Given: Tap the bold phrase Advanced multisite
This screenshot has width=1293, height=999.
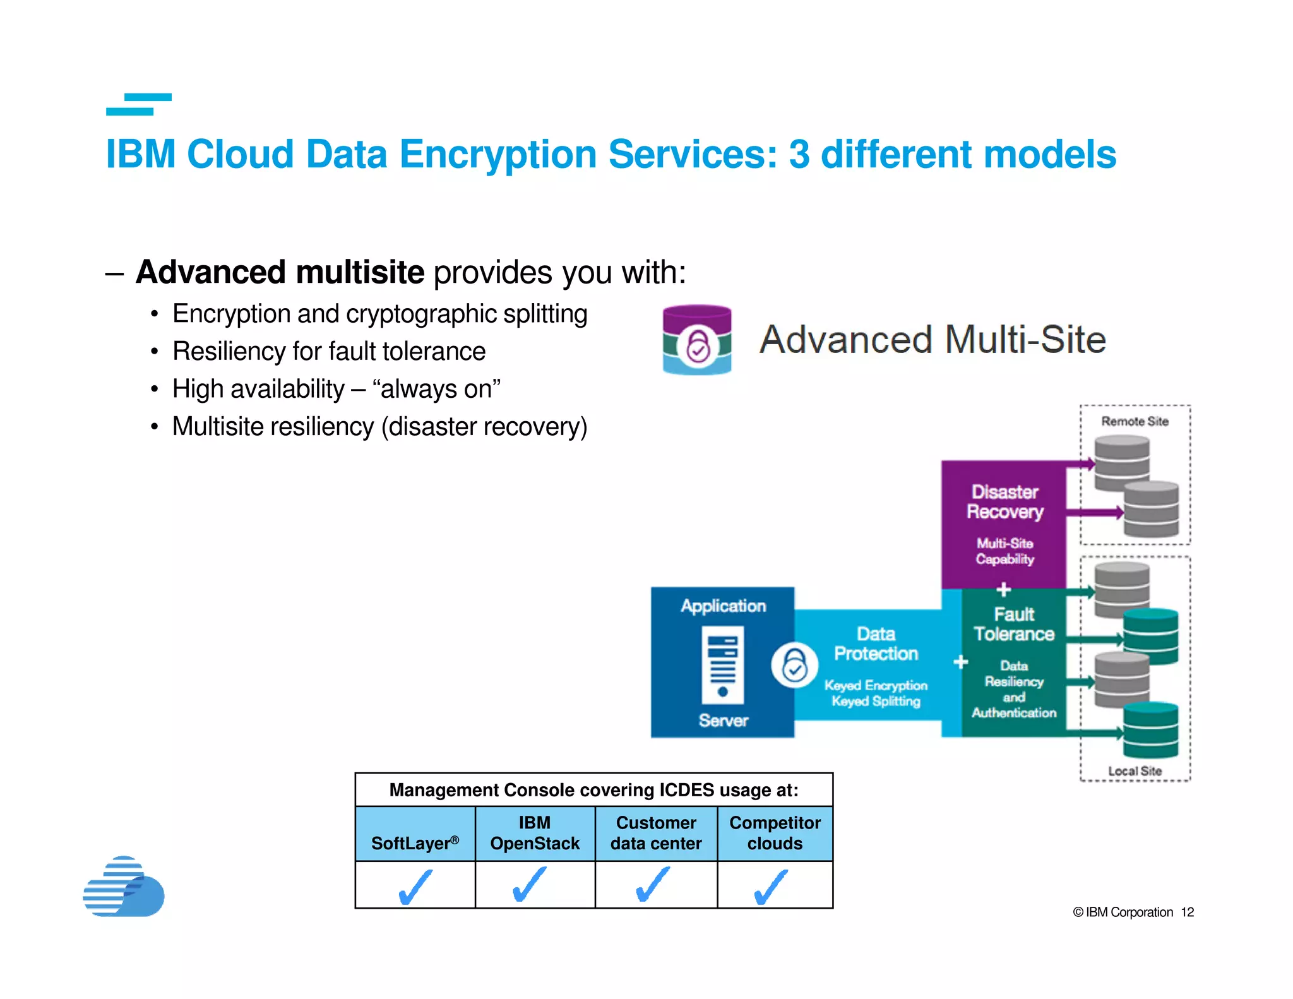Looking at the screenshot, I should point(280,272).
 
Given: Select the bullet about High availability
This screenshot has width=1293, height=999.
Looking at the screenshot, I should point(336,389).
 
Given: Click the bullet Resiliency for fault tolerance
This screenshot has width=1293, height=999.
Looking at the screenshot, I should point(328,351).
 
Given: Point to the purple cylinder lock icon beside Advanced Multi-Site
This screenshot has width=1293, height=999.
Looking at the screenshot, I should point(697,340).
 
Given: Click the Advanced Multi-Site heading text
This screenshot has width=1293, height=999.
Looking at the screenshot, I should point(933,340).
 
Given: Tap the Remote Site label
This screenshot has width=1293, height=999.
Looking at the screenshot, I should point(1135,421).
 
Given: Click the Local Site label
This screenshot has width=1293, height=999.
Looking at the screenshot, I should point(1135,771).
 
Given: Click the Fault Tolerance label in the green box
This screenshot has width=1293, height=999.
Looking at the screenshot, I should point(1014,624).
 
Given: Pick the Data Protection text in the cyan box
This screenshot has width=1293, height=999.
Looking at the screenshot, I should point(876,643).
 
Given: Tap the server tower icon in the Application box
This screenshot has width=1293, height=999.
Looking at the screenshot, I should point(723,664).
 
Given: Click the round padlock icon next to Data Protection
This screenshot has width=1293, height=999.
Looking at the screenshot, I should point(794,666).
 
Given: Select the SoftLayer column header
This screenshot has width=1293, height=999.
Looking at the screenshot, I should point(415,842).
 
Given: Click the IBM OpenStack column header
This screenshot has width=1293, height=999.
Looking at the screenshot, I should point(535,833).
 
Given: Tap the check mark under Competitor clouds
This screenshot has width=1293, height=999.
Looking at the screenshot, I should point(771,886).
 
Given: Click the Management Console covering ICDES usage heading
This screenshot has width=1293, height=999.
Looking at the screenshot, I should point(593,790).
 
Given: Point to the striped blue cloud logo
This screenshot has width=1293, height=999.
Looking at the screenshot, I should point(124,887).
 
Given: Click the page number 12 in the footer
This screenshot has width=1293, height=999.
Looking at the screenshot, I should point(1187,912).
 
